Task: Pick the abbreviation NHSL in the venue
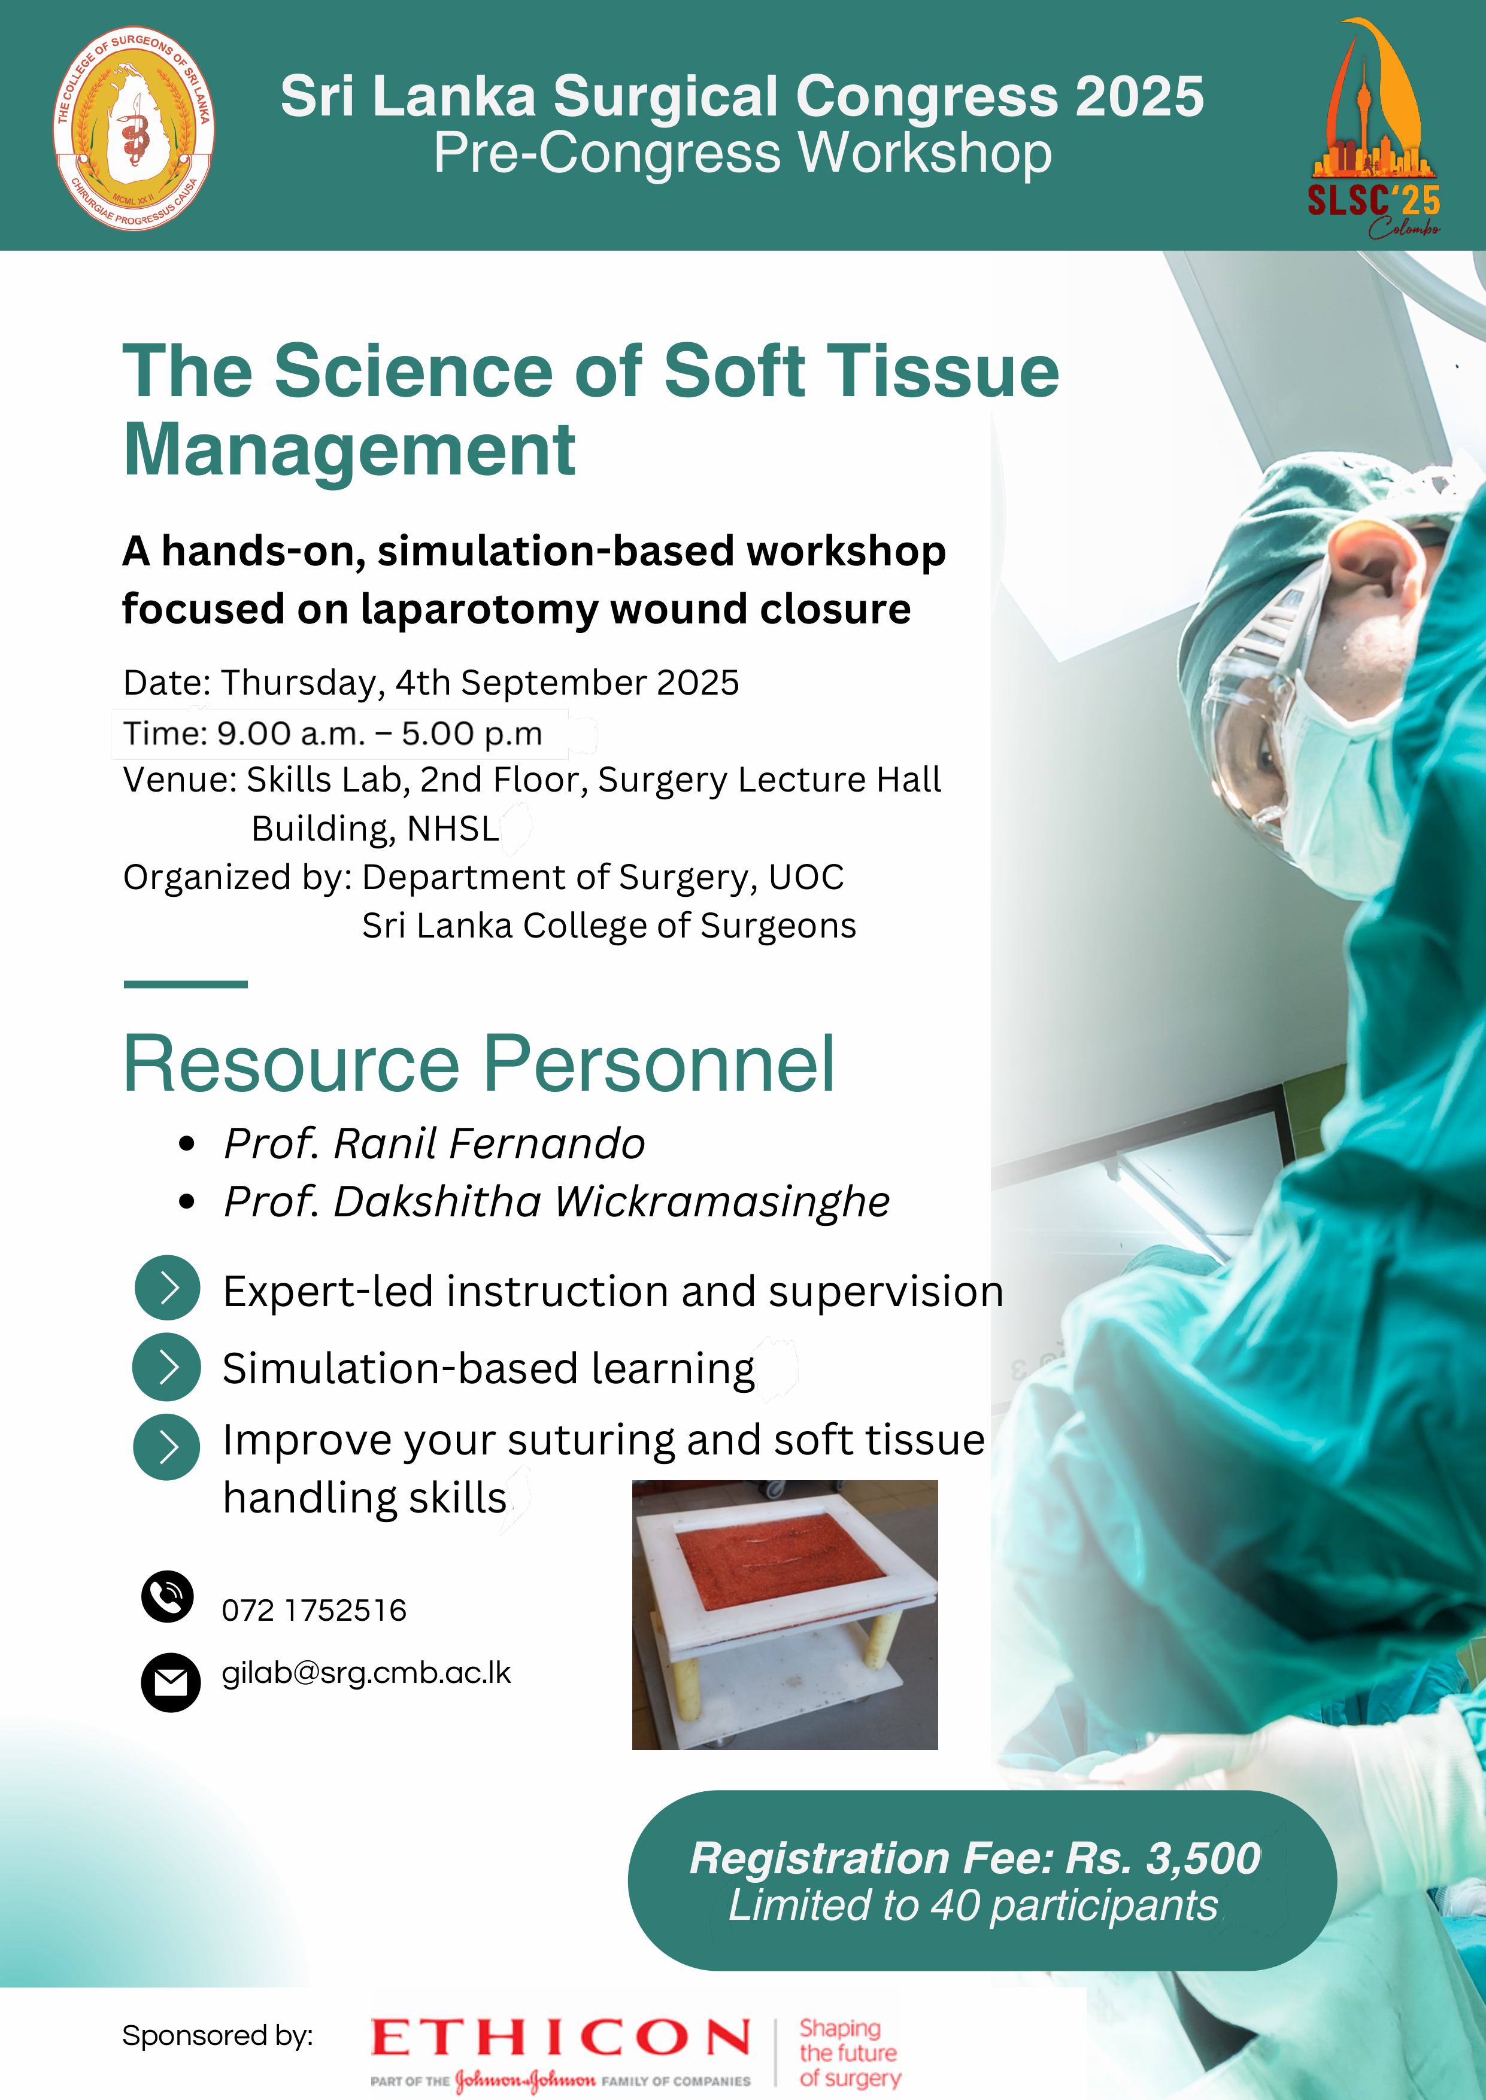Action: pos(453,829)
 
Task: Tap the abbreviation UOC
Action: pos(805,877)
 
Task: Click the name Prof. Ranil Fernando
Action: pos(435,1144)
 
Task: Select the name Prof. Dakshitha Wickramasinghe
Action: pos(556,1202)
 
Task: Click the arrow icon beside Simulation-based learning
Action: pos(166,1366)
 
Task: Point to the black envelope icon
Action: pos(170,1682)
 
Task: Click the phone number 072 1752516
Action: pos(314,1610)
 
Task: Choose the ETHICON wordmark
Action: pos(560,2038)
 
